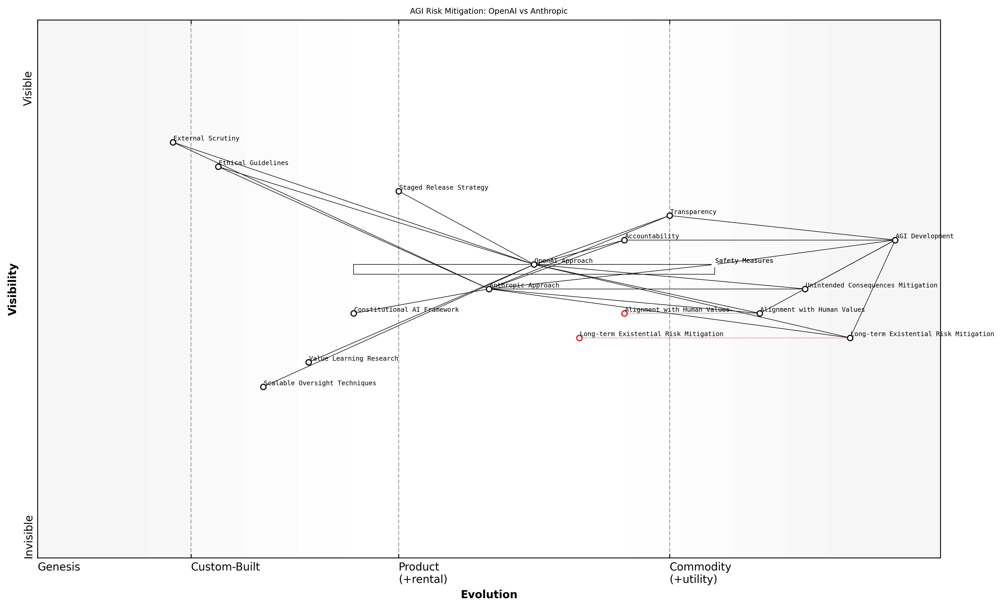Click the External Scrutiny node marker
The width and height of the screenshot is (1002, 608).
pyautogui.click(x=173, y=142)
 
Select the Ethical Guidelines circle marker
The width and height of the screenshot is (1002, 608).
pyautogui.click(x=218, y=167)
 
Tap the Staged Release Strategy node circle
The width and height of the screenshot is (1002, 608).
pyautogui.click(x=399, y=191)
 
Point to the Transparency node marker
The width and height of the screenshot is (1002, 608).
pyautogui.click(x=670, y=216)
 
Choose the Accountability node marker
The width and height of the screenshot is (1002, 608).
pyautogui.click(x=625, y=240)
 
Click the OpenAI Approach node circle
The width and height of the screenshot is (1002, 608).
pyautogui.click(x=534, y=265)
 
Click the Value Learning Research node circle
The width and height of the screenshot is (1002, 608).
pyautogui.click(x=309, y=362)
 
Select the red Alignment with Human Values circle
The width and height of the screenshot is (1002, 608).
pyautogui.click(x=625, y=313)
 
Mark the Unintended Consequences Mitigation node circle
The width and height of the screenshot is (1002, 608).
pyautogui.click(x=805, y=289)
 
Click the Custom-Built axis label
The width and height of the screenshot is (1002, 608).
pyautogui.click(x=225, y=567)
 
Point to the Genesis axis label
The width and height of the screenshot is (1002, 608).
pyautogui.click(x=59, y=567)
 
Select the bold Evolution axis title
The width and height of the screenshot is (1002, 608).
pyautogui.click(x=489, y=595)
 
